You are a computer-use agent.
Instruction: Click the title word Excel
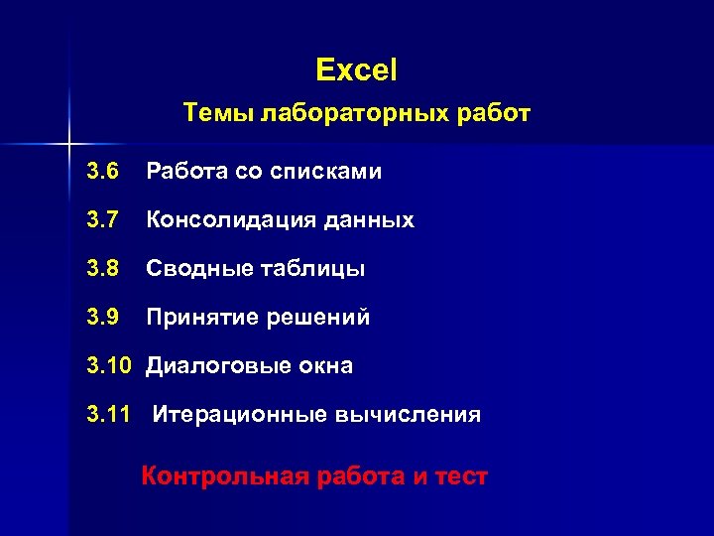356,69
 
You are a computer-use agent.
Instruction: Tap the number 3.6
103,172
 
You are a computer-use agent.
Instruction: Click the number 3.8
103,269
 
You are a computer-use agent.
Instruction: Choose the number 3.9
103,318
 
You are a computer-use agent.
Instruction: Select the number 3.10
109,366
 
